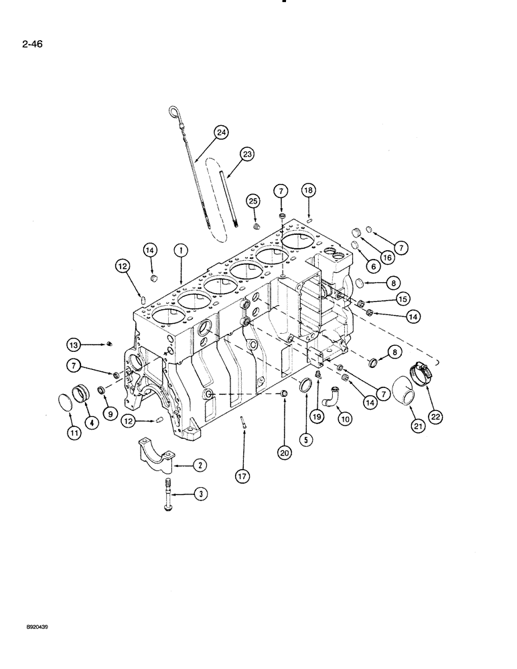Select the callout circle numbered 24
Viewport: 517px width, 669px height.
pos(221,132)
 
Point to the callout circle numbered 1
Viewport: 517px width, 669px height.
pos(179,250)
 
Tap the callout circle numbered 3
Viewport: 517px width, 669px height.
pos(200,494)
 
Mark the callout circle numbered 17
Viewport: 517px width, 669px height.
pos(242,476)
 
